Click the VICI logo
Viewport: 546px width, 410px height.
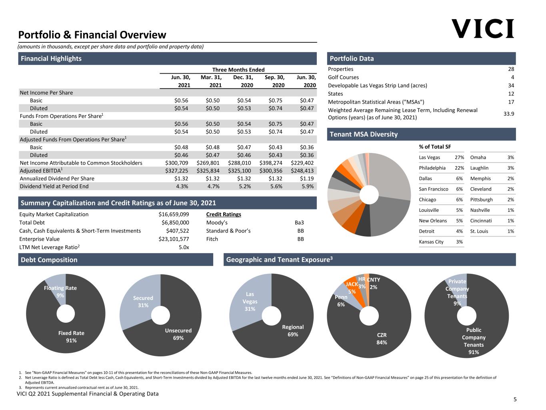click(x=482, y=28)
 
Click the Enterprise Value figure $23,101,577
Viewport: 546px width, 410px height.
click(x=174, y=239)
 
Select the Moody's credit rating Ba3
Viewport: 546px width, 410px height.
click(x=299, y=223)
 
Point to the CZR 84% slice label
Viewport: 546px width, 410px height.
click(x=382, y=339)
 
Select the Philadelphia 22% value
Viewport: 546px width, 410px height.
click(x=459, y=168)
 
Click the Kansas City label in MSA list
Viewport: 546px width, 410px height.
click(x=431, y=242)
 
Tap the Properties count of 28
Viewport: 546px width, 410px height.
click(x=511, y=69)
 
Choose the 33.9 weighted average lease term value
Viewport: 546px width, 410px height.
click(x=509, y=114)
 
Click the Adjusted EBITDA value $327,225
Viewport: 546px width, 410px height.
click(x=177, y=171)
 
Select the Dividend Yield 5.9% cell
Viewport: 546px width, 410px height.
click(x=308, y=187)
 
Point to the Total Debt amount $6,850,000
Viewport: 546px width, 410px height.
click(x=175, y=223)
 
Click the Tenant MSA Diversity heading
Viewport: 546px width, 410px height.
click(x=364, y=135)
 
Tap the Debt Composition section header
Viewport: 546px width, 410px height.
click(x=49, y=260)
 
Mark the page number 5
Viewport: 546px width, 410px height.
click(x=515, y=399)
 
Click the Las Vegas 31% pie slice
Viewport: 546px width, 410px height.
click(x=249, y=301)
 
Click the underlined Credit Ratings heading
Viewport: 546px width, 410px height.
click(x=224, y=214)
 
